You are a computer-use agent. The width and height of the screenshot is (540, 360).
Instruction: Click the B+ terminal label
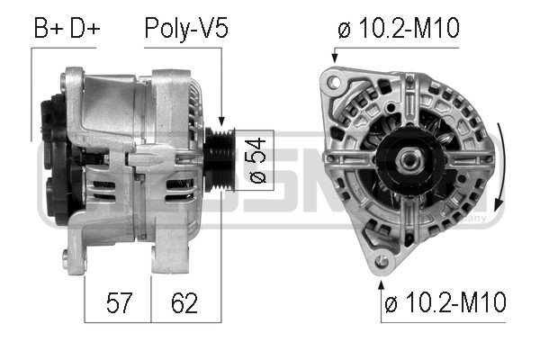(48, 29)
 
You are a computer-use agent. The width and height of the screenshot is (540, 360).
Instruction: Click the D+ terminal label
(84, 29)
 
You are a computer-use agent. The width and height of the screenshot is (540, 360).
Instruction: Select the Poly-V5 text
(186, 29)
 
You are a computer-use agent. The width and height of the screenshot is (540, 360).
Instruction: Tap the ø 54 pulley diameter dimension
(257, 163)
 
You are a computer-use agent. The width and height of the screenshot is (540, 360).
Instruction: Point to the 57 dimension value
(118, 303)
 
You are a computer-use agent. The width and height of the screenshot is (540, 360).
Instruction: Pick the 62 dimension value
(184, 303)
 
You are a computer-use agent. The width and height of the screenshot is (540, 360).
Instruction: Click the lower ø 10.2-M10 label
(445, 303)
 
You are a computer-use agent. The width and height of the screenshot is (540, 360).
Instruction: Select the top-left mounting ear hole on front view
(335, 82)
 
